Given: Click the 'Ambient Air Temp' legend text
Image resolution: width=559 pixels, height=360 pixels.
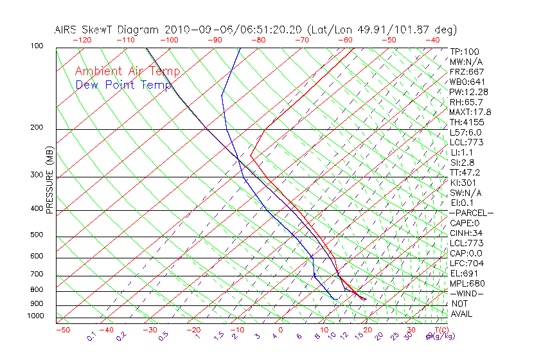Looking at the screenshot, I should pyautogui.click(x=127, y=71).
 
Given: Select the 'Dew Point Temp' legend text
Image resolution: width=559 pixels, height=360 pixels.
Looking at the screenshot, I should pyautogui.click(x=123, y=85).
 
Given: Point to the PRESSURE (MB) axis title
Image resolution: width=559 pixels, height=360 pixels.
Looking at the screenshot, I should pyautogui.click(x=49, y=183).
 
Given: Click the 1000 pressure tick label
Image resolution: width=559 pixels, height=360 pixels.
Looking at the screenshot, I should pyautogui.click(x=36, y=316).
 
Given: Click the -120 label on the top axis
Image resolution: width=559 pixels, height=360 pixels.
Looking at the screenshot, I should pyautogui.click(x=82, y=40).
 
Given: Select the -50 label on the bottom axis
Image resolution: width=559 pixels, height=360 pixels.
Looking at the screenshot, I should pyautogui.click(x=62, y=329).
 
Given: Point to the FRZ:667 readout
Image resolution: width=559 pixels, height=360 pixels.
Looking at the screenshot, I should pyautogui.click(x=467, y=71).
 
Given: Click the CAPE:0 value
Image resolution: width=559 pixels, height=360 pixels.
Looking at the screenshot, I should pyautogui.click(x=465, y=223).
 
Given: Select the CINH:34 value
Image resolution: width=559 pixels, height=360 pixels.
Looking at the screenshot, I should pyautogui.click(x=467, y=233).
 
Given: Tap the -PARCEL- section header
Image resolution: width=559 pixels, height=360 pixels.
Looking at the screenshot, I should pyautogui.click(x=472, y=213).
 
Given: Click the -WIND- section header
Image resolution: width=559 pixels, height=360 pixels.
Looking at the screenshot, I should pyautogui.click(x=467, y=293).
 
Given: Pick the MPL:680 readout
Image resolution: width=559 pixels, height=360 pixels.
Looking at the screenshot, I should pyautogui.click(x=467, y=283).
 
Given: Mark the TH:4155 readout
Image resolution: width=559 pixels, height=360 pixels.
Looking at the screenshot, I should pyautogui.click(x=467, y=122).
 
